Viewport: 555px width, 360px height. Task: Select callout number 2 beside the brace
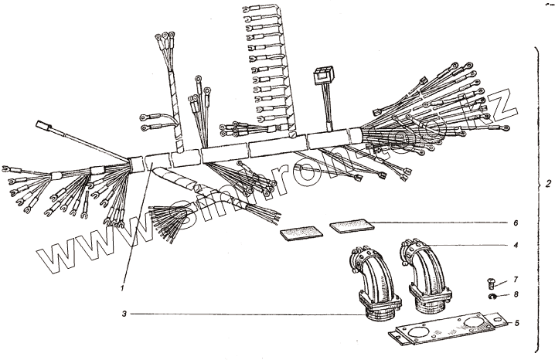pos(546,185)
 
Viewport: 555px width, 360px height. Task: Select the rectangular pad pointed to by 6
pos(349,226)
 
